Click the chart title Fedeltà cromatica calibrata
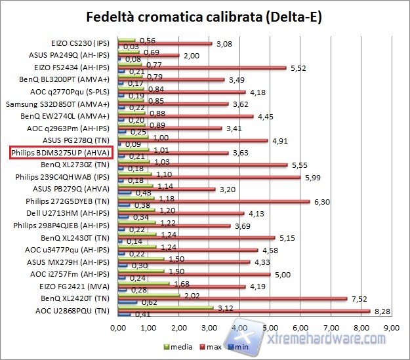click(x=205, y=15)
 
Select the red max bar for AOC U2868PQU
click(x=243, y=311)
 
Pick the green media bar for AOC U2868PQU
click(x=165, y=306)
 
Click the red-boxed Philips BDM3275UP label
click(x=62, y=153)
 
